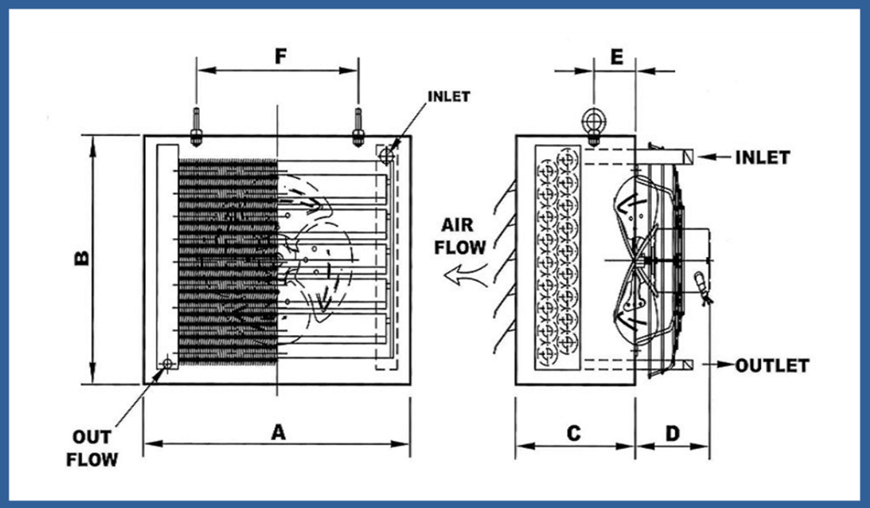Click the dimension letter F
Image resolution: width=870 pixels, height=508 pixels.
tap(279, 57)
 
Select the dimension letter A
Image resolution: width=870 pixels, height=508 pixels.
tap(278, 432)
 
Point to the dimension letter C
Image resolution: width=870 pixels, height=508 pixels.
tap(574, 434)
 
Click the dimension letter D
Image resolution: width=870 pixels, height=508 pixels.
tap(672, 434)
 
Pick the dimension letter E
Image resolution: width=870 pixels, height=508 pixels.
tap(616, 57)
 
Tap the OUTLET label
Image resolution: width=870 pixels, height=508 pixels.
tap(772, 365)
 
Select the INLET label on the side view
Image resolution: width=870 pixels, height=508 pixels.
tap(763, 157)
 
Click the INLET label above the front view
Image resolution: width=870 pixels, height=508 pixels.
tap(448, 96)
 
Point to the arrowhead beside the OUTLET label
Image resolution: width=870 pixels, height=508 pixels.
tap(727, 365)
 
